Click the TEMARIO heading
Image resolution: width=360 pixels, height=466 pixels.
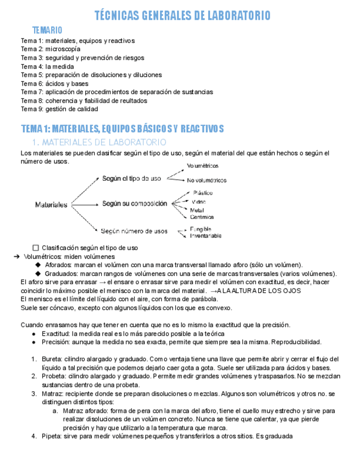(47, 30)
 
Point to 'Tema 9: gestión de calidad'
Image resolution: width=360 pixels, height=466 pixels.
(59, 109)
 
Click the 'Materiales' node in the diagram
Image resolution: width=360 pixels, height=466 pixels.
(51, 205)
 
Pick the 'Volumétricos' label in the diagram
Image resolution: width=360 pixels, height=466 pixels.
(203, 165)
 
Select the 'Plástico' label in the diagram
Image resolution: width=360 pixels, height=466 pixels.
(203, 193)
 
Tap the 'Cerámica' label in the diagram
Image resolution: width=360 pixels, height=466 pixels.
(202, 217)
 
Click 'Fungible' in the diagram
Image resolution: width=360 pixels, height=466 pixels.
(201, 229)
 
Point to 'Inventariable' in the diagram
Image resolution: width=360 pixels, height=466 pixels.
(206, 236)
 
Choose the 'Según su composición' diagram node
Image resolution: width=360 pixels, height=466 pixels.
(135, 203)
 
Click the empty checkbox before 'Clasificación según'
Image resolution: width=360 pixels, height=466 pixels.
(36, 248)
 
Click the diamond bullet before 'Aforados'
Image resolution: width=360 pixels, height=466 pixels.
(38, 265)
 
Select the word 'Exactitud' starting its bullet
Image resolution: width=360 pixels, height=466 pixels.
(56, 334)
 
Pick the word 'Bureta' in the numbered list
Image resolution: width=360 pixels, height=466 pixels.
(52, 359)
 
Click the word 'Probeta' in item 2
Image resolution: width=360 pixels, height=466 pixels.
(53, 376)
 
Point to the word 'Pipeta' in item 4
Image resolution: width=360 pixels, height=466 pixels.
(52, 436)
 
